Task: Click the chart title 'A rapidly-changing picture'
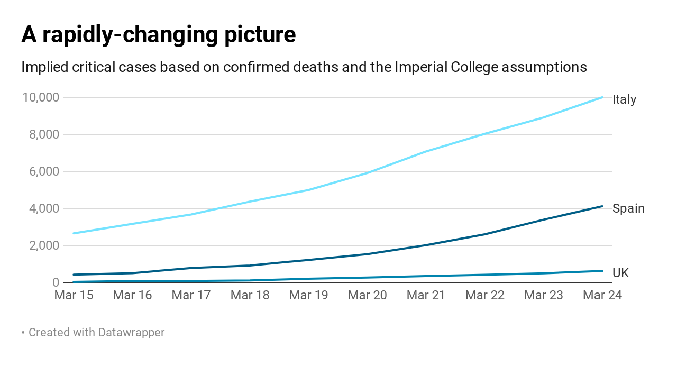click(158, 35)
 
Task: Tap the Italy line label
click(624, 99)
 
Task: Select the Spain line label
click(628, 208)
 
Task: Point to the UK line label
click(620, 273)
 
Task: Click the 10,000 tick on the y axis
click(40, 97)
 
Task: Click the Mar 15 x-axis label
click(74, 295)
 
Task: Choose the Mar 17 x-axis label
click(191, 295)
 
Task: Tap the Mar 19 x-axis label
click(308, 295)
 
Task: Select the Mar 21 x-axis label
click(426, 295)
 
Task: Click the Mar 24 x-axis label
click(602, 295)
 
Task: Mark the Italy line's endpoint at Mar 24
click(602, 97)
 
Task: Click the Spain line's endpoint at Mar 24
click(602, 206)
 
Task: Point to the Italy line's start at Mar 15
click(74, 233)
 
